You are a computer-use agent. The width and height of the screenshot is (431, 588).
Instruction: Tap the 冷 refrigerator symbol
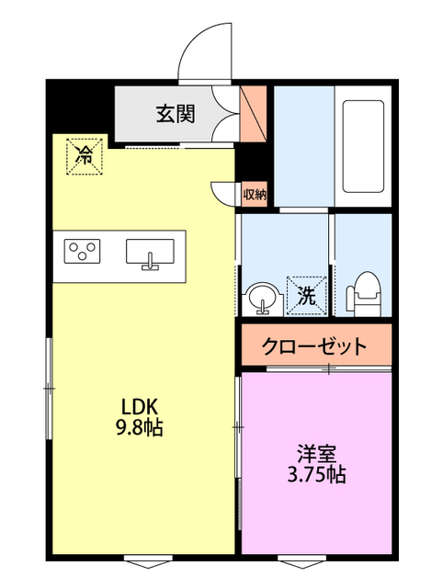pyautogui.click(x=84, y=153)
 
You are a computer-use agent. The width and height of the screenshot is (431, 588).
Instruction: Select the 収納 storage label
pyautogui.click(x=255, y=194)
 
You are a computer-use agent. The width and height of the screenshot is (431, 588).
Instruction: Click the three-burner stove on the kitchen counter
pyautogui.click(x=83, y=250)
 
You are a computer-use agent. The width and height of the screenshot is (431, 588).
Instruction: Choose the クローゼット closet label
pyautogui.click(x=314, y=347)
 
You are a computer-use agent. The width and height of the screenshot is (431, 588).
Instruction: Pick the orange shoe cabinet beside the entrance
pyautogui.click(x=251, y=114)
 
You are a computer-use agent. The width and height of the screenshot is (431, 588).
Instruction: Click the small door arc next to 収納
pyautogui.click(x=223, y=193)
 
